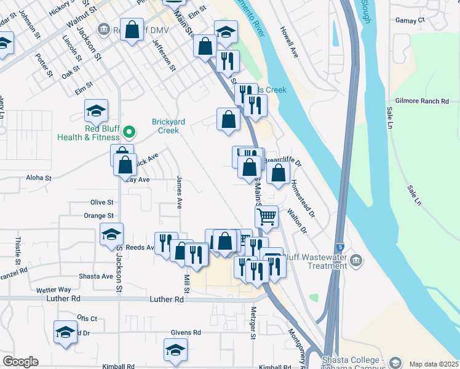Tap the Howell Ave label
tap(289, 42)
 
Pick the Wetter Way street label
tap(54, 289)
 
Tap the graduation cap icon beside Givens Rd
tap(175, 349)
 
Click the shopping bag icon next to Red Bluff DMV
tap(132, 29)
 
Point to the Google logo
tap(20, 362)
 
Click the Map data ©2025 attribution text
tap(434, 364)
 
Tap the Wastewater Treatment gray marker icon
tap(355, 261)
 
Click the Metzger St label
tap(253, 323)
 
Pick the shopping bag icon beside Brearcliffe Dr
tap(278, 173)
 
